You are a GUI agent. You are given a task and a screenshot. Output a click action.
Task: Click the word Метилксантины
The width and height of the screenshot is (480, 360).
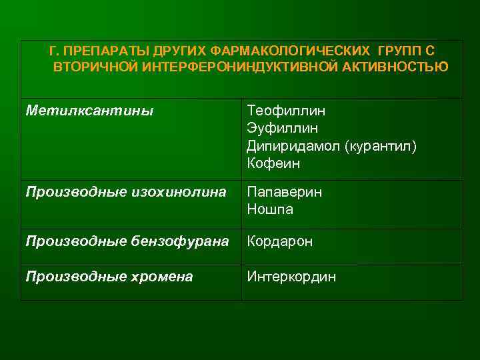click(x=89, y=110)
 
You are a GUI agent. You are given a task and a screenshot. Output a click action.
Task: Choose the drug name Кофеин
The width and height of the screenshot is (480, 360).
click(x=274, y=163)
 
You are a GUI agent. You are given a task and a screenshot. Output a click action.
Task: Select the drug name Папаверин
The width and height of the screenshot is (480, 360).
click(x=285, y=192)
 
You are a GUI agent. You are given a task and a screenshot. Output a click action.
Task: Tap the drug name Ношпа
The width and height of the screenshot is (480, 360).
click(x=270, y=209)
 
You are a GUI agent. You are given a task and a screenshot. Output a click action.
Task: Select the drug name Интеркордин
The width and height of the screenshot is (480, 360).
click(x=291, y=277)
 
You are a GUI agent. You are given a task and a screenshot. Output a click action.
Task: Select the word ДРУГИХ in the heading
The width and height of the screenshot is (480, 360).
click(x=180, y=51)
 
